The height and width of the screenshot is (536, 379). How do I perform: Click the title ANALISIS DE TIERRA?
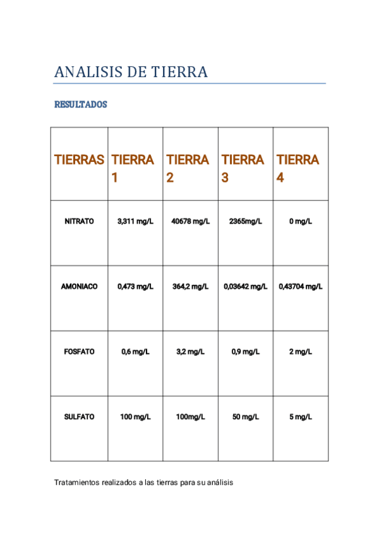click(131, 72)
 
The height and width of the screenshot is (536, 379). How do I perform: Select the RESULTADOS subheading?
click(80, 105)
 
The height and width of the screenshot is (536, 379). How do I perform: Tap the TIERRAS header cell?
click(79, 160)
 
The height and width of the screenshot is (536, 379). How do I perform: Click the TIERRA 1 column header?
click(133, 168)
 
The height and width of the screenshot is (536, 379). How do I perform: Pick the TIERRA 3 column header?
click(243, 168)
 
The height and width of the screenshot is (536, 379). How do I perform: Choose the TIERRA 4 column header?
click(298, 168)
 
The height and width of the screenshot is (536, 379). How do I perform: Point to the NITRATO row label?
click(79, 221)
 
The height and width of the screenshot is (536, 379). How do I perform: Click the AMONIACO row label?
click(79, 286)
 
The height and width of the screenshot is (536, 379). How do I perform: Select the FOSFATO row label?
click(79, 351)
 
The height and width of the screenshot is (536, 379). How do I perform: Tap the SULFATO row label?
click(79, 417)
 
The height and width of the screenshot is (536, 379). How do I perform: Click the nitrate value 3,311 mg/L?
click(135, 221)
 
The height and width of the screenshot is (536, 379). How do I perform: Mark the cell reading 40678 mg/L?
click(190, 221)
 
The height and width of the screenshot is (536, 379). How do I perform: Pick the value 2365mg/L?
click(245, 221)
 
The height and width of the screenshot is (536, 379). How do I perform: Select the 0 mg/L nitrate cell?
click(300, 221)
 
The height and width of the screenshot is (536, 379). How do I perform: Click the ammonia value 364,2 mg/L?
click(190, 286)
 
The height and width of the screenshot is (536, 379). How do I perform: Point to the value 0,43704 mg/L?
click(301, 286)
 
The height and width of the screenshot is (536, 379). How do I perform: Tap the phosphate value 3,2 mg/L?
click(190, 351)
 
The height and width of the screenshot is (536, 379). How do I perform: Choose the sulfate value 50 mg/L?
click(245, 417)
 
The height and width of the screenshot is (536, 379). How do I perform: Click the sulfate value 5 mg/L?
click(300, 417)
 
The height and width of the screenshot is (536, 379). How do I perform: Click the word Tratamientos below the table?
click(77, 482)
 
